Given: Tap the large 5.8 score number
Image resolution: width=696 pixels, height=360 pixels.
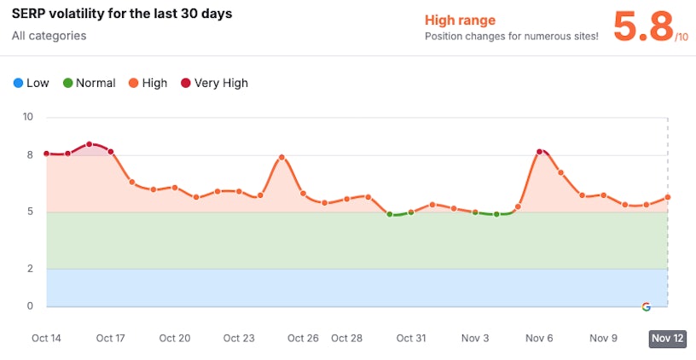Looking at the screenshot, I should tap(643, 27).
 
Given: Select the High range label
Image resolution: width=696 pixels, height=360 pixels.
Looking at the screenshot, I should tap(460, 20).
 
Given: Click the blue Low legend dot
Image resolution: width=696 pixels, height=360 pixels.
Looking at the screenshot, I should tap(18, 84).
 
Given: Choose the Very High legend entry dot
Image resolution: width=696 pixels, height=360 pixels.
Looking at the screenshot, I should tap(185, 84).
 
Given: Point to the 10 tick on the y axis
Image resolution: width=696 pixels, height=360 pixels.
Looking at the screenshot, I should tap(27, 117).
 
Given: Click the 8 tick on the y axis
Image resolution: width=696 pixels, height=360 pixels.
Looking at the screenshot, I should tap(29, 154).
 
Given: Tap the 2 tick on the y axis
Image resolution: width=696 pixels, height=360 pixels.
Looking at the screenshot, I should tap(29, 269).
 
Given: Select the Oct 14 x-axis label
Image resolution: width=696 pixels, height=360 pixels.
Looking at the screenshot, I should tap(46, 338).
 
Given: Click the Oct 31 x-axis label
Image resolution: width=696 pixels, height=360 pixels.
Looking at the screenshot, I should tap(411, 338).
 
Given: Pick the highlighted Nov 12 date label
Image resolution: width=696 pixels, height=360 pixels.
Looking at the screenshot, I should tap(667, 338).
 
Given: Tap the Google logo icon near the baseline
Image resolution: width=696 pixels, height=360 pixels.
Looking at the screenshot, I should tap(646, 306).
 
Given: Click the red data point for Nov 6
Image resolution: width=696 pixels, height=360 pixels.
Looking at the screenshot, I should tap(540, 152).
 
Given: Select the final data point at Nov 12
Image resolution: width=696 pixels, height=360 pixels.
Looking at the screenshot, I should tap(668, 197).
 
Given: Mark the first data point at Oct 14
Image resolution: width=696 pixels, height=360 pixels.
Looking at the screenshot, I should tap(46, 154).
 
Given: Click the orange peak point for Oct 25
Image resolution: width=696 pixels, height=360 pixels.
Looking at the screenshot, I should tap(281, 158).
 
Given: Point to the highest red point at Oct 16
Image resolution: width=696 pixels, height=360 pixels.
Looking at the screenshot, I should tap(89, 144).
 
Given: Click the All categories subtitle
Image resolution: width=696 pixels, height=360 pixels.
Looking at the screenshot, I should tap(49, 36).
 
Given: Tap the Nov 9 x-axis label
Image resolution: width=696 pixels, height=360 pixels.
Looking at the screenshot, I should tap(603, 338).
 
